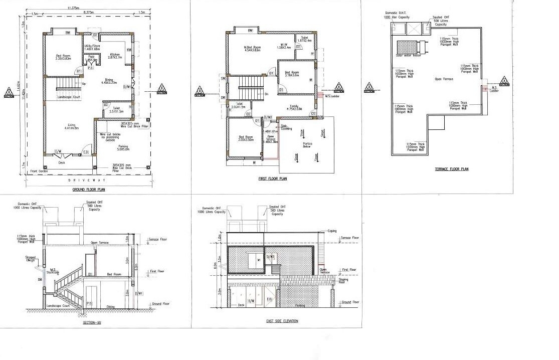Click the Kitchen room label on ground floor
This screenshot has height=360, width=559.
click(x=115, y=56)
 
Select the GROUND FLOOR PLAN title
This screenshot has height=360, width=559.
click(x=88, y=190)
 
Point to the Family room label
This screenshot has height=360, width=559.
click(x=293, y=107)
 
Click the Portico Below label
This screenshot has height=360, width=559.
click(x=307, y=145)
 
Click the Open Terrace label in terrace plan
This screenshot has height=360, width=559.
click(x=444, y=79)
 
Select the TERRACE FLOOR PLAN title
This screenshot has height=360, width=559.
click(x=451, y=169)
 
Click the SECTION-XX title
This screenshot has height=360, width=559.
click(x=92, y=323)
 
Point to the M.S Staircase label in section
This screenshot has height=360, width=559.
click(x=54, y=271)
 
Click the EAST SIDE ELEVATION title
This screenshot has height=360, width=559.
click(x=282, y=321)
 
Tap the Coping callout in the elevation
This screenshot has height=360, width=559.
click(x=332, y=231)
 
